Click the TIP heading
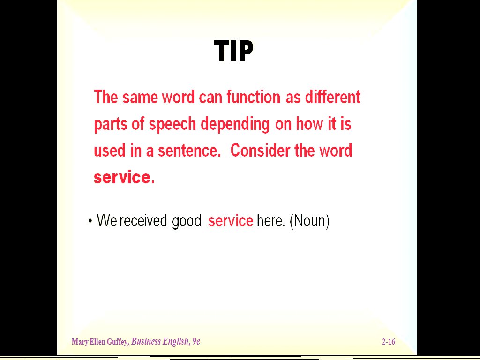[233, 52]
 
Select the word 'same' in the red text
[140, 97]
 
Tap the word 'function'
[253, 97]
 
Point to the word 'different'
[332, 97]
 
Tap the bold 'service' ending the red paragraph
[122, 177]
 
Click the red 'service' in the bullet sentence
[231, 220]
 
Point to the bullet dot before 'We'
[90, 221]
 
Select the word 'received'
[143, 220]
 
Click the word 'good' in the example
[187, 221]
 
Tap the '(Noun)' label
[309, 220]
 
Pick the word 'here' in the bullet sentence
[270, 220]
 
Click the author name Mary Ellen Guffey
[100, 342]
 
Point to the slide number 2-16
[389, 342]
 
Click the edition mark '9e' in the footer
[196, 341]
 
